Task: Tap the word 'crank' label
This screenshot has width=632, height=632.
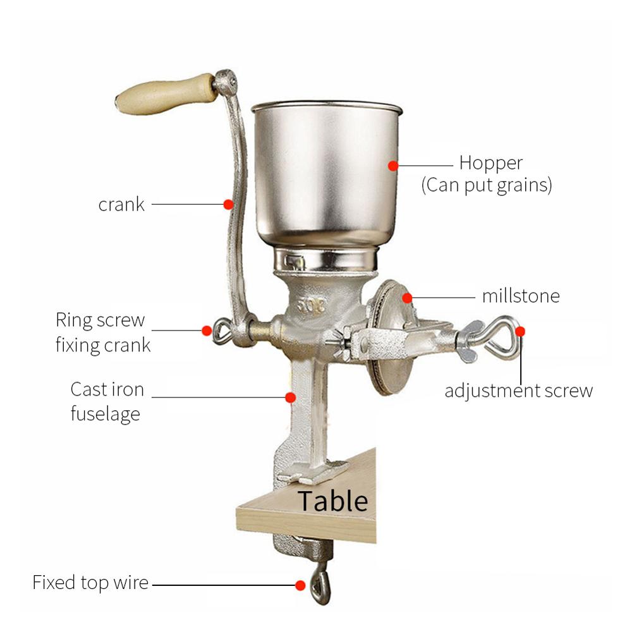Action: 121,205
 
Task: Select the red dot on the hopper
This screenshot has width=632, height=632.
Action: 393,165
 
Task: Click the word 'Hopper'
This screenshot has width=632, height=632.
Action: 491,163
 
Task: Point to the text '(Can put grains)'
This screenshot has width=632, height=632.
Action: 487,186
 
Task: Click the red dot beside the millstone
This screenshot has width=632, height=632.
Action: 408,296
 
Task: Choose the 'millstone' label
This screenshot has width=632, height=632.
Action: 521,296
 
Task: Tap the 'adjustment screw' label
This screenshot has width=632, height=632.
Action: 519,391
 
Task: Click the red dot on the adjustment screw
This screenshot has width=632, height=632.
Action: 520,331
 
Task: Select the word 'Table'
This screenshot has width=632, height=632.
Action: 332,501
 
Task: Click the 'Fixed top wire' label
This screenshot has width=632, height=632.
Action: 90,582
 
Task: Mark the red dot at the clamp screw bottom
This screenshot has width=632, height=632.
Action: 301,585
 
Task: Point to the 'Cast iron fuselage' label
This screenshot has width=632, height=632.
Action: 107,401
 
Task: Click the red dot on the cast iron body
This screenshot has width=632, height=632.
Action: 290,397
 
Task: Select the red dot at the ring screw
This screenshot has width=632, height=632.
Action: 206,330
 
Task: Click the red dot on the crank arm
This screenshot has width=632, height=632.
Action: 228,204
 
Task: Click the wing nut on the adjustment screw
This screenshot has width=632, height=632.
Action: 471,341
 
